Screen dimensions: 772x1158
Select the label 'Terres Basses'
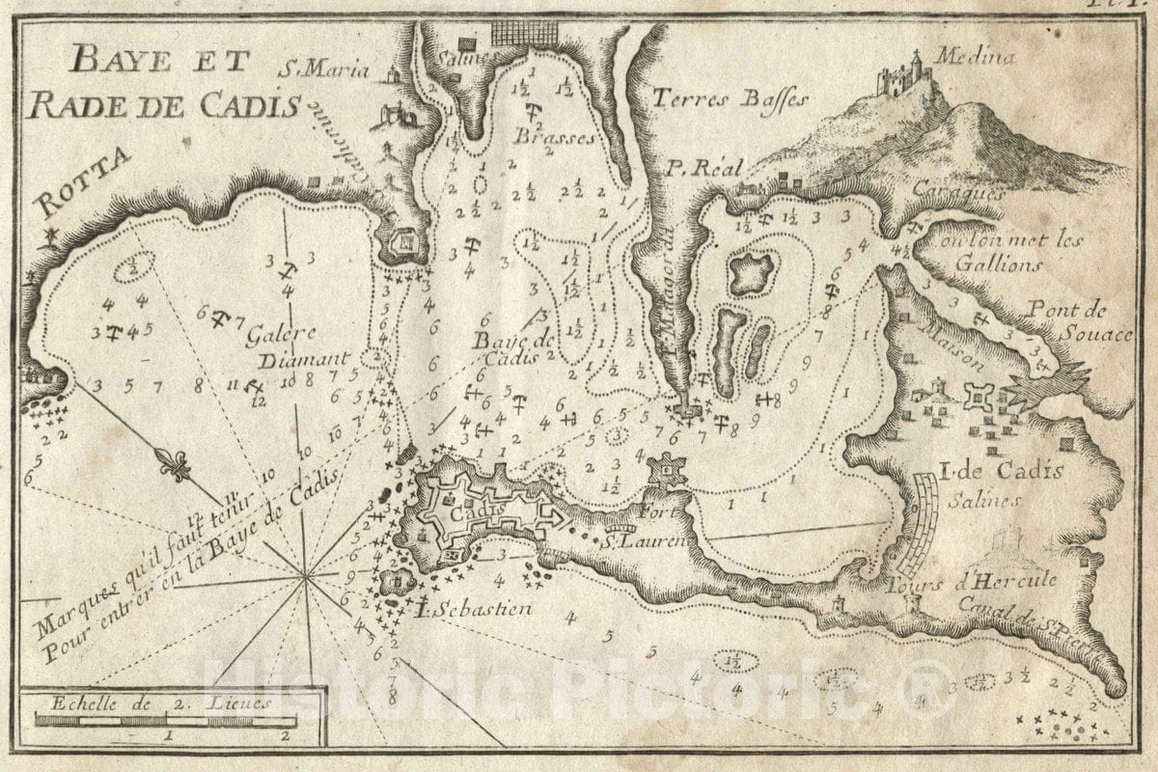(729, 97)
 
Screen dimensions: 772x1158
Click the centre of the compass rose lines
(306, 577)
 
